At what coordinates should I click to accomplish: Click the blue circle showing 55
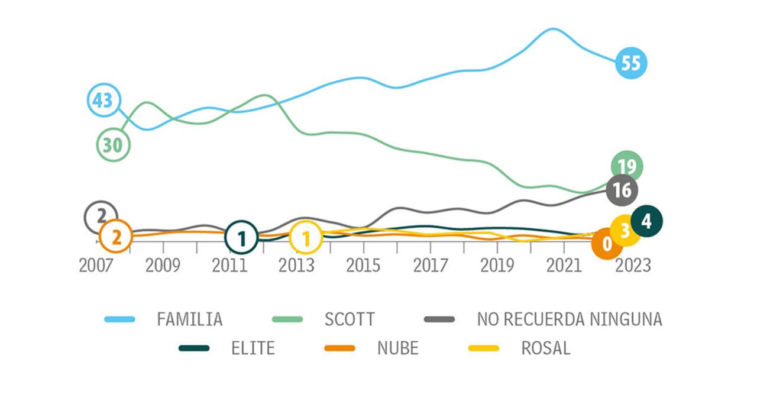[631, 63]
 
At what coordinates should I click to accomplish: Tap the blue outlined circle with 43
[104, 101]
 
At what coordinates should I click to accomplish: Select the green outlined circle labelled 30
[113, 145]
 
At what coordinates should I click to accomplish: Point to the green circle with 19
[626, 167]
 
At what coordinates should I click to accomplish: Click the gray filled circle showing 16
[622, 190]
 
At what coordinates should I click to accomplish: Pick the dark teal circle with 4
[646, 221]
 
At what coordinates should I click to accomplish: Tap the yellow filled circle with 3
[625, 231]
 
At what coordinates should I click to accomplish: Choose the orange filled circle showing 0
[607, 243]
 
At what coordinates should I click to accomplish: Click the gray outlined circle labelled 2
[101, 217]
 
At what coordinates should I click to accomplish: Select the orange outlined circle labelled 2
[116, 237]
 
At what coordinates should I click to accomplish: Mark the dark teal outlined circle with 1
[241, 238]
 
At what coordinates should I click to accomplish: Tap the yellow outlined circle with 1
[306, 238]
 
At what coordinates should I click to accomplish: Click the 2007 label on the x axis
[96, 266]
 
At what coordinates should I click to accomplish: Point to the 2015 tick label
[363, 266]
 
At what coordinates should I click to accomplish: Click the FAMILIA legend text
[189, 319]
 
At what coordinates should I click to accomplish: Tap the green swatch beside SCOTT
[287, 319]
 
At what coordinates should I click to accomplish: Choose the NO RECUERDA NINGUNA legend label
[569, 319]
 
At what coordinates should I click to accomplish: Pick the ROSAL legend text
[545, 348]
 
